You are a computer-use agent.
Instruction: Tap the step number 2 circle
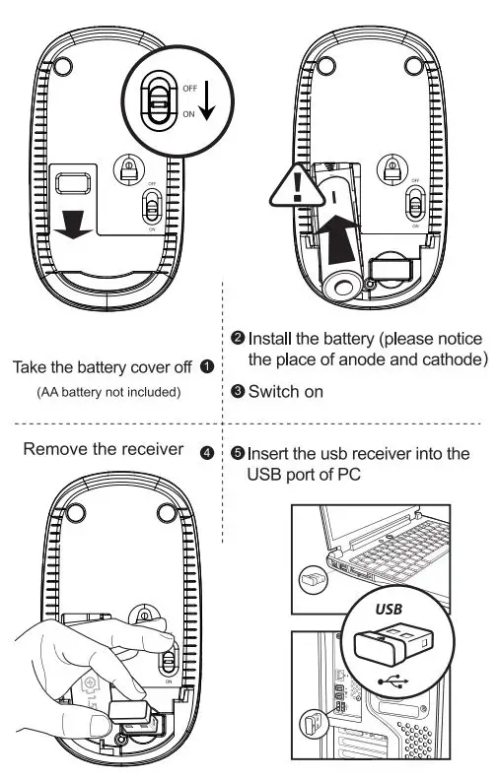pos(238,338)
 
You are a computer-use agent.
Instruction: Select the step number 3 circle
pos(238,391)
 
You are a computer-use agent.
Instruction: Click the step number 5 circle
pos(238,454)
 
